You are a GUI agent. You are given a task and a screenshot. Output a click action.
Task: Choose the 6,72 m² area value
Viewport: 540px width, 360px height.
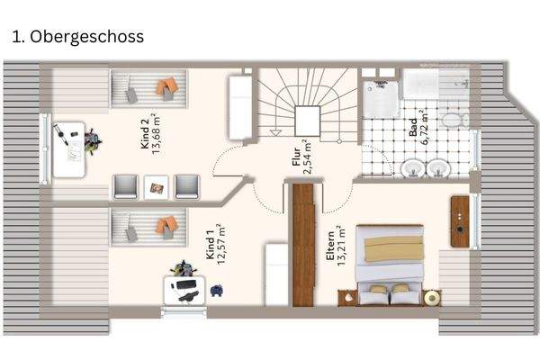click(427, 129)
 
